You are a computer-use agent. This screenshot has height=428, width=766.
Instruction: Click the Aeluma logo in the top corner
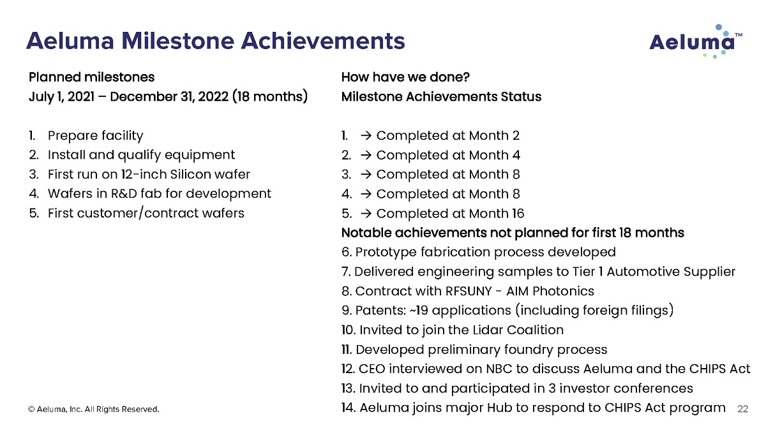pyautogui.click(x=696, y=41)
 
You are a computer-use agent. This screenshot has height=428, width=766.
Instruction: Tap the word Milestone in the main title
pyautogui.click(x=177, y=41)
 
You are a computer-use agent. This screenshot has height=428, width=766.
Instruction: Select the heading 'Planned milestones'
pyautogui.click(x=92, y=77)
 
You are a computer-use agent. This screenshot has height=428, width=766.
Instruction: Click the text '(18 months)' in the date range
pyautogui.click(x=270, y=97)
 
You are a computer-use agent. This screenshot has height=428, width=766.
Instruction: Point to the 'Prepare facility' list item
pyautogui.click(x=95, y=136)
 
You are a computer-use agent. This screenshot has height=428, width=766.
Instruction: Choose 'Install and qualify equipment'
pyautogui.click(x=141, y=155)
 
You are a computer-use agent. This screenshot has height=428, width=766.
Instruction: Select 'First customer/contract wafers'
pyautogui.click(x=146, y=213)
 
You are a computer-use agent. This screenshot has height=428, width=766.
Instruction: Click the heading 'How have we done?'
pyautogui.click(x=405, y=77)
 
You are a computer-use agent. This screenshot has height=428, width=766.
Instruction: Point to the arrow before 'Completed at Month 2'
pyautogui.click(x=366, y=136)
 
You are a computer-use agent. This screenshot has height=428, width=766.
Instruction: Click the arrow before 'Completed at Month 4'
pyautogui.click(x=366, y=155)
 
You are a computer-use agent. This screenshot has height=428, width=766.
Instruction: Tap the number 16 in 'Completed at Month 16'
pyautogui.click(x=518, y=214)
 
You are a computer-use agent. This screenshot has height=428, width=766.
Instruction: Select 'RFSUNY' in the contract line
pyautogui.click(x=469, y=291)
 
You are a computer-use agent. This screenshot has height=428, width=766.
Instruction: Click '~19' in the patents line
pyautogui.click(x=418, y=311)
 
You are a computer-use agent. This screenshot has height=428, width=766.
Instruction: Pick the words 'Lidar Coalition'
pyautogui.click(x=518, y=330)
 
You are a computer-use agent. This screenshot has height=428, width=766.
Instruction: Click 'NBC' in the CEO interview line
pyautogui.click(x=499, y=369)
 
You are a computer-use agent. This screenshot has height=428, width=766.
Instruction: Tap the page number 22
pyautogui.click(x=743, y=409)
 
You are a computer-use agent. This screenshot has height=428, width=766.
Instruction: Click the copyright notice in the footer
pyautogui.click(x=94, y=410)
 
